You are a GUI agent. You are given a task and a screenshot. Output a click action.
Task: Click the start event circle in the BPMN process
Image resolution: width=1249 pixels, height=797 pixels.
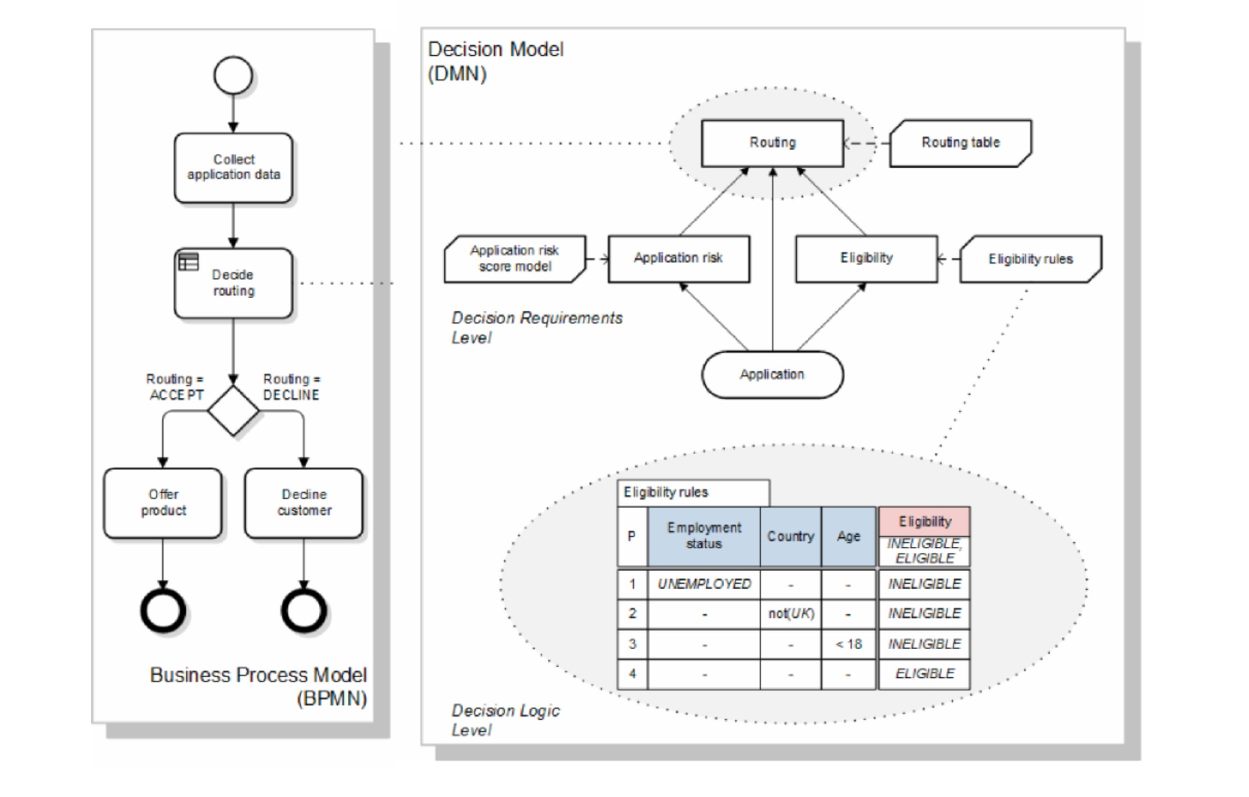click(x=233, y=75)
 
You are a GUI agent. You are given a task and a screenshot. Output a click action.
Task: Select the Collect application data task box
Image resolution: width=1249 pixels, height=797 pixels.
click(x=233, y=167)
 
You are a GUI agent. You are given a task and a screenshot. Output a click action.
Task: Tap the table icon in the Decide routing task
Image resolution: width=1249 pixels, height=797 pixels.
click(x=188, y=262)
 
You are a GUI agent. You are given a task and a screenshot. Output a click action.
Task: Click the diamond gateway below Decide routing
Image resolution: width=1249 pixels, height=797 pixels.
click(x=233, y=410)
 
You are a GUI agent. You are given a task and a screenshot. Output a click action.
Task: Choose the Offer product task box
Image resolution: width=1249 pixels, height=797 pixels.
click(x=163, y=503)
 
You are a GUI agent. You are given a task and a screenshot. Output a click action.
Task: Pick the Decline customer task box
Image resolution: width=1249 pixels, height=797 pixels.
click(x=304, y=503)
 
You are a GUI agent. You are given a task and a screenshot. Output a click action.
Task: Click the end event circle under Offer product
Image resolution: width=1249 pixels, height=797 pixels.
click(x=163, y=611)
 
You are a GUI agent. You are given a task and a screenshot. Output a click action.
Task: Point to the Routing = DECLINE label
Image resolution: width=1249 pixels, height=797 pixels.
click(x=291, y=387)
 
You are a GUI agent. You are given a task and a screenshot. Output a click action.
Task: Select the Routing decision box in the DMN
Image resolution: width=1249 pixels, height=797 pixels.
click(x=772, y=143)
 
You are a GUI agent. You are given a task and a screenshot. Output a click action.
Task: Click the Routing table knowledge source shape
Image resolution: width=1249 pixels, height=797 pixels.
click(x=960, y=143)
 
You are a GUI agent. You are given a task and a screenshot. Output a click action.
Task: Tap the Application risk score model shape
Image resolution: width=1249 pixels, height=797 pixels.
click(x=515, y=259)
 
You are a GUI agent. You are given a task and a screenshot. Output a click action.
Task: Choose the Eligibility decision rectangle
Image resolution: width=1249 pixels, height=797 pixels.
click(x=866, y=259)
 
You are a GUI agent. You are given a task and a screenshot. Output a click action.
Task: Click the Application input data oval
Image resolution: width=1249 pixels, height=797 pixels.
click(x=772, y=375)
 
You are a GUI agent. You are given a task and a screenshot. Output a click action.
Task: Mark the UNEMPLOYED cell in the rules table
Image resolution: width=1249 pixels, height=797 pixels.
click(x=704, y=584)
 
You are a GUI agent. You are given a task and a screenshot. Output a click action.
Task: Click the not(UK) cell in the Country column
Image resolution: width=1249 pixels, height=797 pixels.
click(x=791, y=613)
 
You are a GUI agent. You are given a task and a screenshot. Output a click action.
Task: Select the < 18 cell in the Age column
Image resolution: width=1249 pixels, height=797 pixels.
click(x=849, y=644)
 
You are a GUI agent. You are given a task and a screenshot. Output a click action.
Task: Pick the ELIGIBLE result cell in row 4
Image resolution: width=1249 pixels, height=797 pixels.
click(x=925, y=674)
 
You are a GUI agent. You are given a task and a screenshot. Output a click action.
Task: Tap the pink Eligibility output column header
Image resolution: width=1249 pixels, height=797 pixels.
click(x=925, y=521)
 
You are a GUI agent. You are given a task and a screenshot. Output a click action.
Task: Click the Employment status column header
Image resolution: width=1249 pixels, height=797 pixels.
click(x=704, y=536)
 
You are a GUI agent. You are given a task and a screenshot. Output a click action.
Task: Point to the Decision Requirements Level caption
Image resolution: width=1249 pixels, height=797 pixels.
click(x=536, y=327)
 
